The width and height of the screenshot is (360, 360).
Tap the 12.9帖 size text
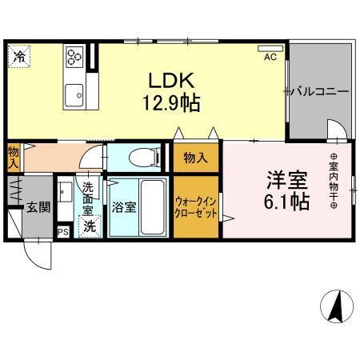tap(171, 102)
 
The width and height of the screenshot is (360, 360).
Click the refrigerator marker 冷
tap(18, 57)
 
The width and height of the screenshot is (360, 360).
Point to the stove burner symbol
tap(75, 55)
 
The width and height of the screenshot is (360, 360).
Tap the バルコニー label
tap(319, 92)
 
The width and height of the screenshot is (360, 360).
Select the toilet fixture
tap(138, 158)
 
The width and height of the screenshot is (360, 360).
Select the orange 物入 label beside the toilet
tap(194, 158)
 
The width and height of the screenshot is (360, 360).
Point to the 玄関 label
tap(38, 206)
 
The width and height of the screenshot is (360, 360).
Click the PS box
tap(62, 233)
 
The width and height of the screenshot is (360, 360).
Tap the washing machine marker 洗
tap(90, 226)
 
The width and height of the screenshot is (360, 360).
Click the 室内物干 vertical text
tap(334, 180)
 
